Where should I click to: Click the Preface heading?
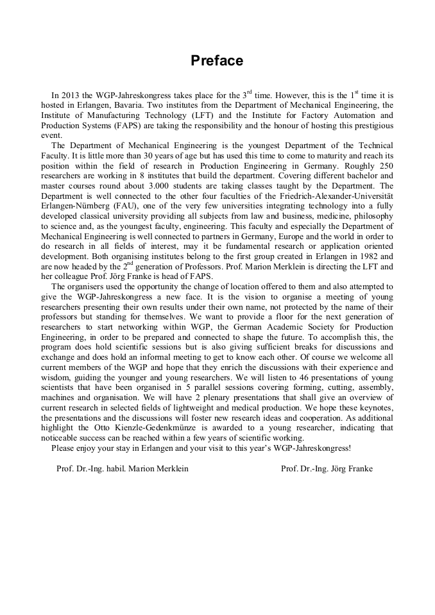click(x=217, y=61)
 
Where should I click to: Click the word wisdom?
click(x=56, y=378)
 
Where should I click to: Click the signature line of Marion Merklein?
click(x=123, y=469)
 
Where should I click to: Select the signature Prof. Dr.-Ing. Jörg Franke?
click(x=327, y=469)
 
